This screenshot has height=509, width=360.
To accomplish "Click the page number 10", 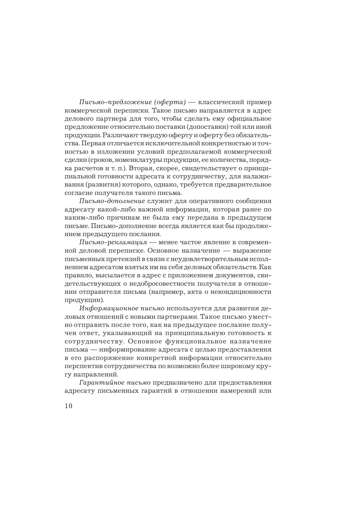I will coord(68,406).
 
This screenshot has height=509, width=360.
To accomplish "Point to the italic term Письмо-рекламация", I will coord(113,242).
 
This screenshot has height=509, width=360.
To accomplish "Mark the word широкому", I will coord(237,366).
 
